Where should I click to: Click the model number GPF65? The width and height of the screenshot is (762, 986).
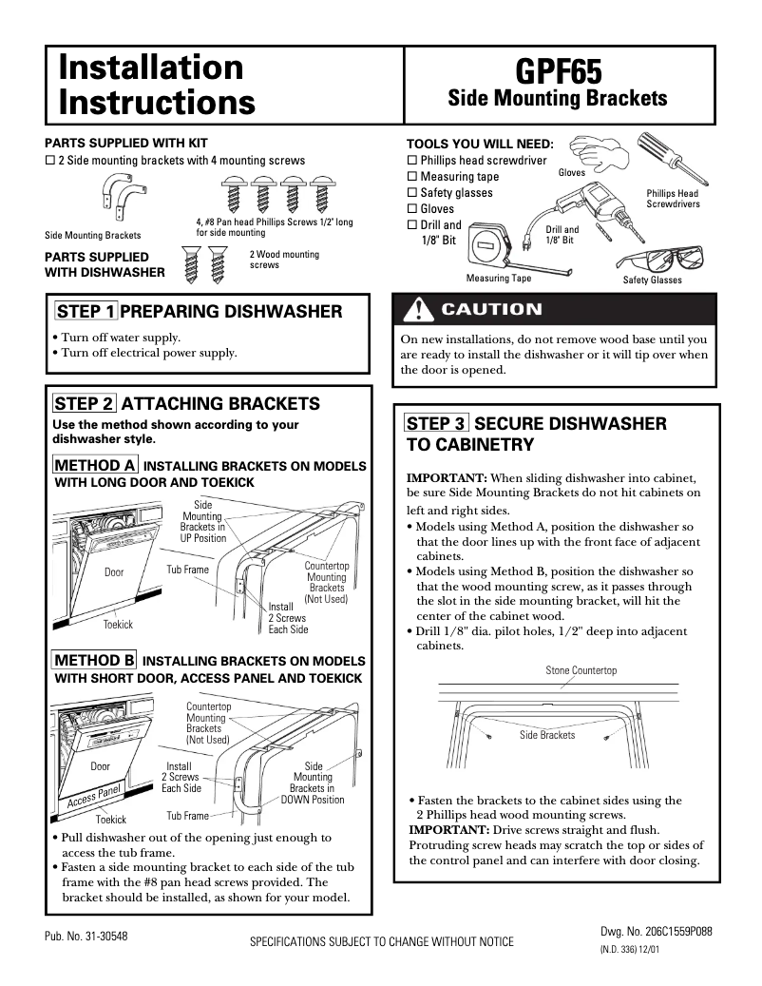tap(558, 70)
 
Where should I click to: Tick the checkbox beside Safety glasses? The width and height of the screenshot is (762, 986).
tap(412, 193)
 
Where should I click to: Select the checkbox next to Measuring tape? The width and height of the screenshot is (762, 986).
tap(412, 177)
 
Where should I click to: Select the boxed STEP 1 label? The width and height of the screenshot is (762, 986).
tap(86, 312)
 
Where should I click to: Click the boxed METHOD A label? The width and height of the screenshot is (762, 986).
tap(95, 466)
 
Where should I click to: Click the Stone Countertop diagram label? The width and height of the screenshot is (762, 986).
tap(581, 671)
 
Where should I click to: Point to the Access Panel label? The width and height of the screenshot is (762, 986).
tap(94, 797)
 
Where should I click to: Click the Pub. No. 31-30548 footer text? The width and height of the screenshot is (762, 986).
tap(86, 937)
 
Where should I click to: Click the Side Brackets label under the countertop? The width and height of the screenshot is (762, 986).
tap(546, 735)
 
